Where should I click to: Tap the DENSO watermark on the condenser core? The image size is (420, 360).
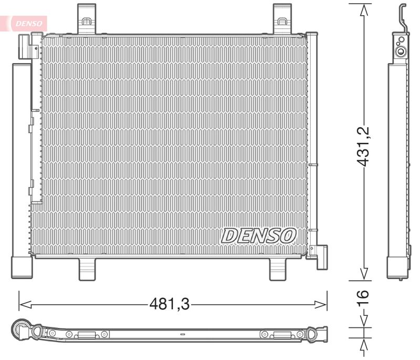(x=258, y=235)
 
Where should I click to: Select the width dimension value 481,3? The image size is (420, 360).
(x=169, y=304)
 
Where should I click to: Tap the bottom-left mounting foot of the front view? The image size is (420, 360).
(x=88, y=269)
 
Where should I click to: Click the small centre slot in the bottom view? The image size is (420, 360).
(x=182, y=333)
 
